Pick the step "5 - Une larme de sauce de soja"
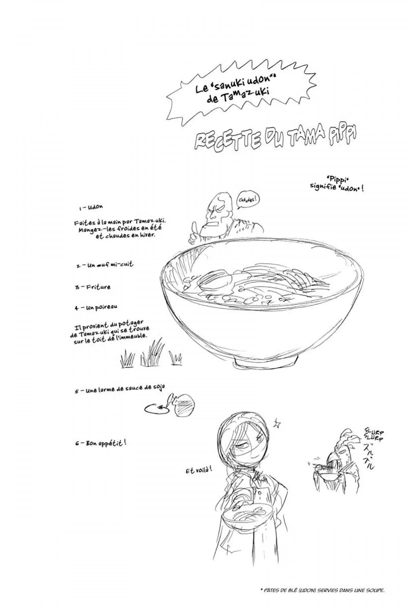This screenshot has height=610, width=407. coord(120,390)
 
